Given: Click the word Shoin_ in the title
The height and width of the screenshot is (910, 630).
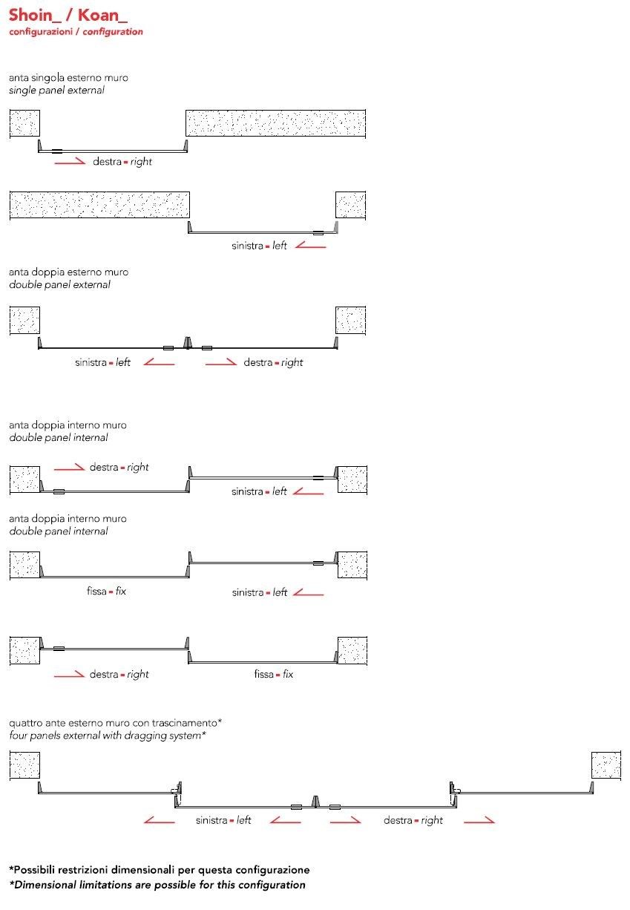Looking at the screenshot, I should pyautogui.click(x=33, y=16).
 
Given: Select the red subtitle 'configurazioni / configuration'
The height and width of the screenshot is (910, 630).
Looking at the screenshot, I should pyautogui.click(x=76, y=32).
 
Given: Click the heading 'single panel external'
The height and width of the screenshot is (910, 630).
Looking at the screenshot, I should pyautogui.click(x=56, y=90).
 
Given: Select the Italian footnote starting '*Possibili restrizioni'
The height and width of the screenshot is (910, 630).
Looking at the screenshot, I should pyautogui.click(x=160, y=869).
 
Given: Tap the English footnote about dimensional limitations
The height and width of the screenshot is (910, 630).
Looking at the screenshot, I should pyautogui.click(x=157, y=885).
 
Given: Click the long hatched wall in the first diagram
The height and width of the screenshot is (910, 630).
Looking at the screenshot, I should pyautogui.click(x=275, y=123).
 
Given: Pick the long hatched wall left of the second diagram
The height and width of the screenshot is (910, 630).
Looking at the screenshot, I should pyautogui.click(x=99, y=204).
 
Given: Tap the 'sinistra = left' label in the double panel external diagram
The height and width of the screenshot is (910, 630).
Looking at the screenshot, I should pyautogui.click(x=102, y=362).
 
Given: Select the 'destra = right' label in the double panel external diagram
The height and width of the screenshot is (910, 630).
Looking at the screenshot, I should pyautogui.click(x=273, y=362).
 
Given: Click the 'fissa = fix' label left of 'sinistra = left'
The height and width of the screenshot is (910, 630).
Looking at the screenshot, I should pyautogui.click(x=106, y=592).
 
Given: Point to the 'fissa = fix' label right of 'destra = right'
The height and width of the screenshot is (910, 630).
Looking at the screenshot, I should pyautogui.click(x=273, y=674).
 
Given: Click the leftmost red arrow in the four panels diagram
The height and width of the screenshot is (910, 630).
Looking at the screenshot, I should pyautogui.click(x=160, y=820).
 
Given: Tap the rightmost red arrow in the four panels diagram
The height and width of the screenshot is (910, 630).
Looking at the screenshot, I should pyautogui.click(x=479, y=820).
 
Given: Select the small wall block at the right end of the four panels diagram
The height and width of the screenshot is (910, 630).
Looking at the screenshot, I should pyautogui.click(x=606, y=765).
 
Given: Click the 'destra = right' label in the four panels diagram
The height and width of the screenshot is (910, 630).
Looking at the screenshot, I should pyautogui.click(x=413, y=820).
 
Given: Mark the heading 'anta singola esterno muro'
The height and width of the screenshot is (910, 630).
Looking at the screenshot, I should pyautogui.click(x=63, y=77).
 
